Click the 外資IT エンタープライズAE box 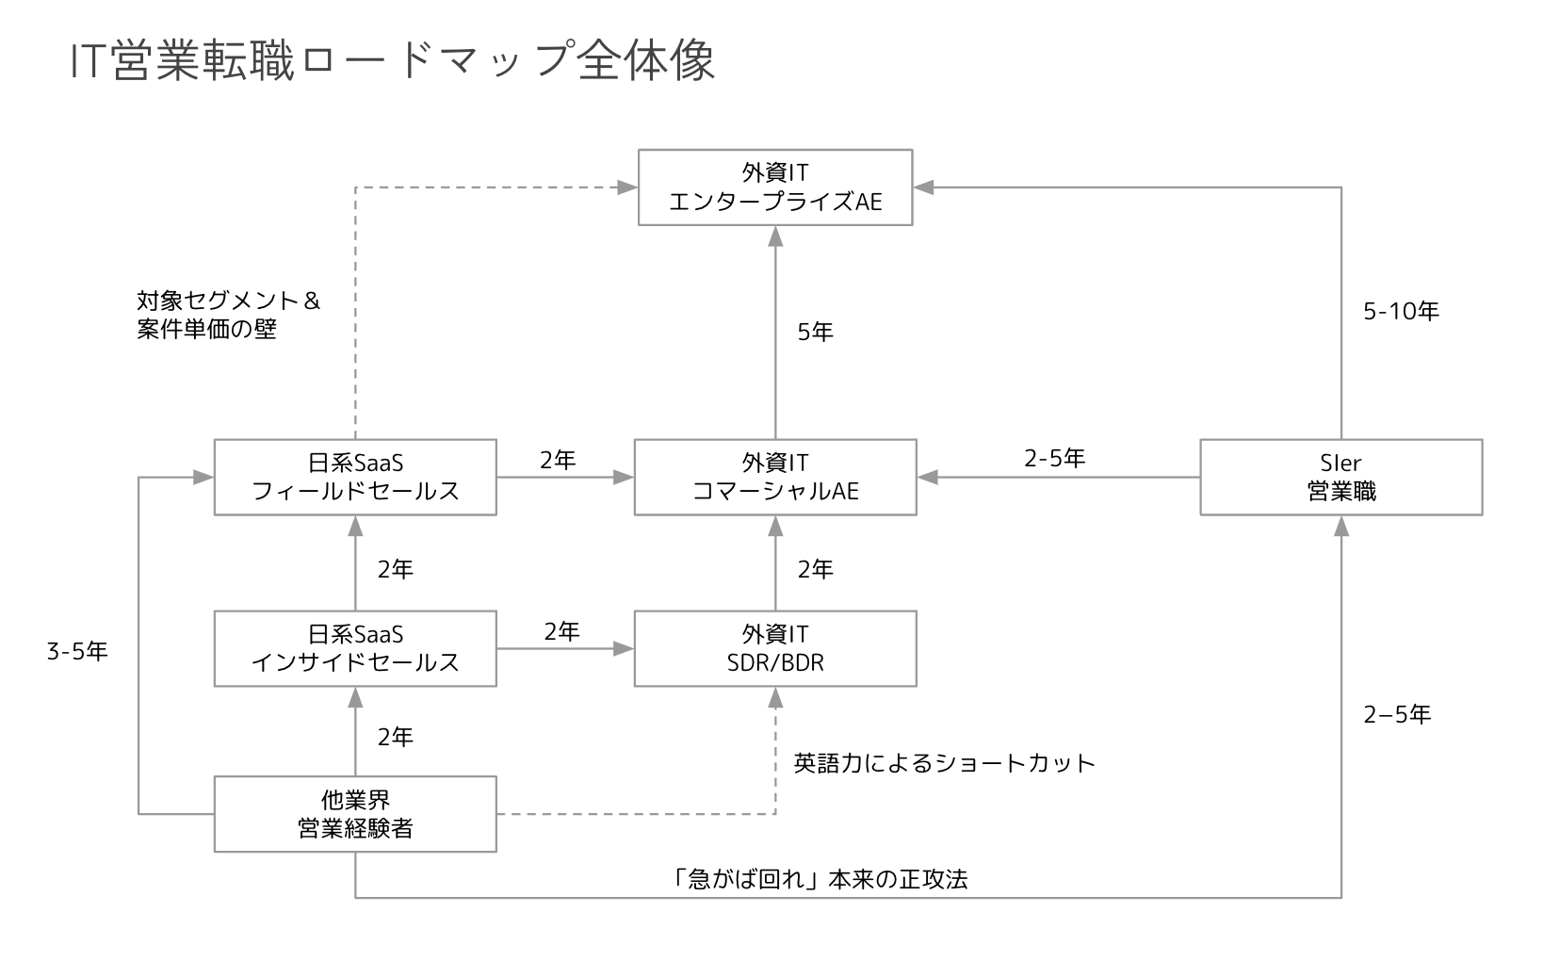point(774,187)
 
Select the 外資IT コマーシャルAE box point(774,477)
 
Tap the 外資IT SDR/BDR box point(774,648)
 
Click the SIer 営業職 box point(1340,477)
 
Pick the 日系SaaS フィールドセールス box point(355,477)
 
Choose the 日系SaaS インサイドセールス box point(355,648)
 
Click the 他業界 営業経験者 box point(355,814)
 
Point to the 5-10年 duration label point(1401,311)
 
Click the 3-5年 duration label point(77,651)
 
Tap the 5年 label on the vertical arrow point(815,332)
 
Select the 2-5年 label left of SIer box point(1054,458)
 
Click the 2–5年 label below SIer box point(1397,715)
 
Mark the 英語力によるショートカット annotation point(944,762)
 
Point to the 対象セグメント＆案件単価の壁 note point(228,315)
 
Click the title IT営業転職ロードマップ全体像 point(393,60)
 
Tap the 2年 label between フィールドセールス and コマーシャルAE point(557,460)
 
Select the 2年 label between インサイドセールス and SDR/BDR point(561,631)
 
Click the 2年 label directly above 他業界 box point(395,737)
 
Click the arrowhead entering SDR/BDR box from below point(775,697)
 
